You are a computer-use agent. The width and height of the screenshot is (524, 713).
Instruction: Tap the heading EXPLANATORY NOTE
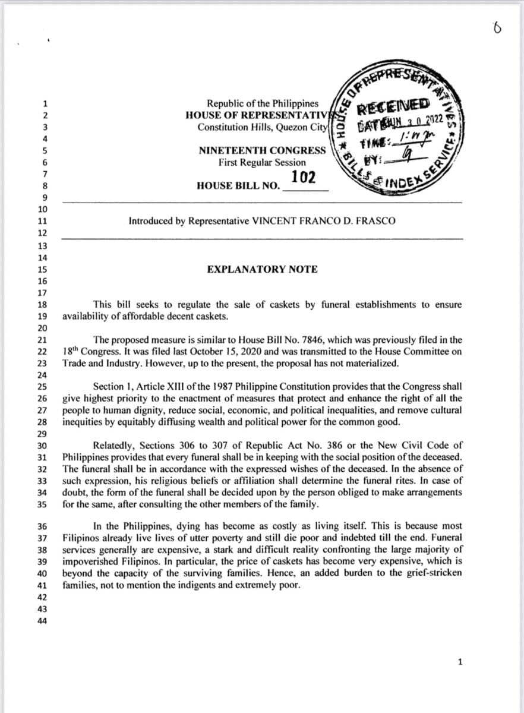[262, 269]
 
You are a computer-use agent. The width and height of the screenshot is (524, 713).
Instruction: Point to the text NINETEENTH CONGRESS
[262, 150]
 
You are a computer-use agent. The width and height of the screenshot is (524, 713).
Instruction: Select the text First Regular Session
[262, 162]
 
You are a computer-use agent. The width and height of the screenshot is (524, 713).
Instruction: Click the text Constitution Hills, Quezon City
[262, 127]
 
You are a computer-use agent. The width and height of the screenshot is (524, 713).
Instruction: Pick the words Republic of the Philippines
[262, 103]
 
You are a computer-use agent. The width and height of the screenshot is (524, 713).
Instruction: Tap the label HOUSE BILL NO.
[238, 185]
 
